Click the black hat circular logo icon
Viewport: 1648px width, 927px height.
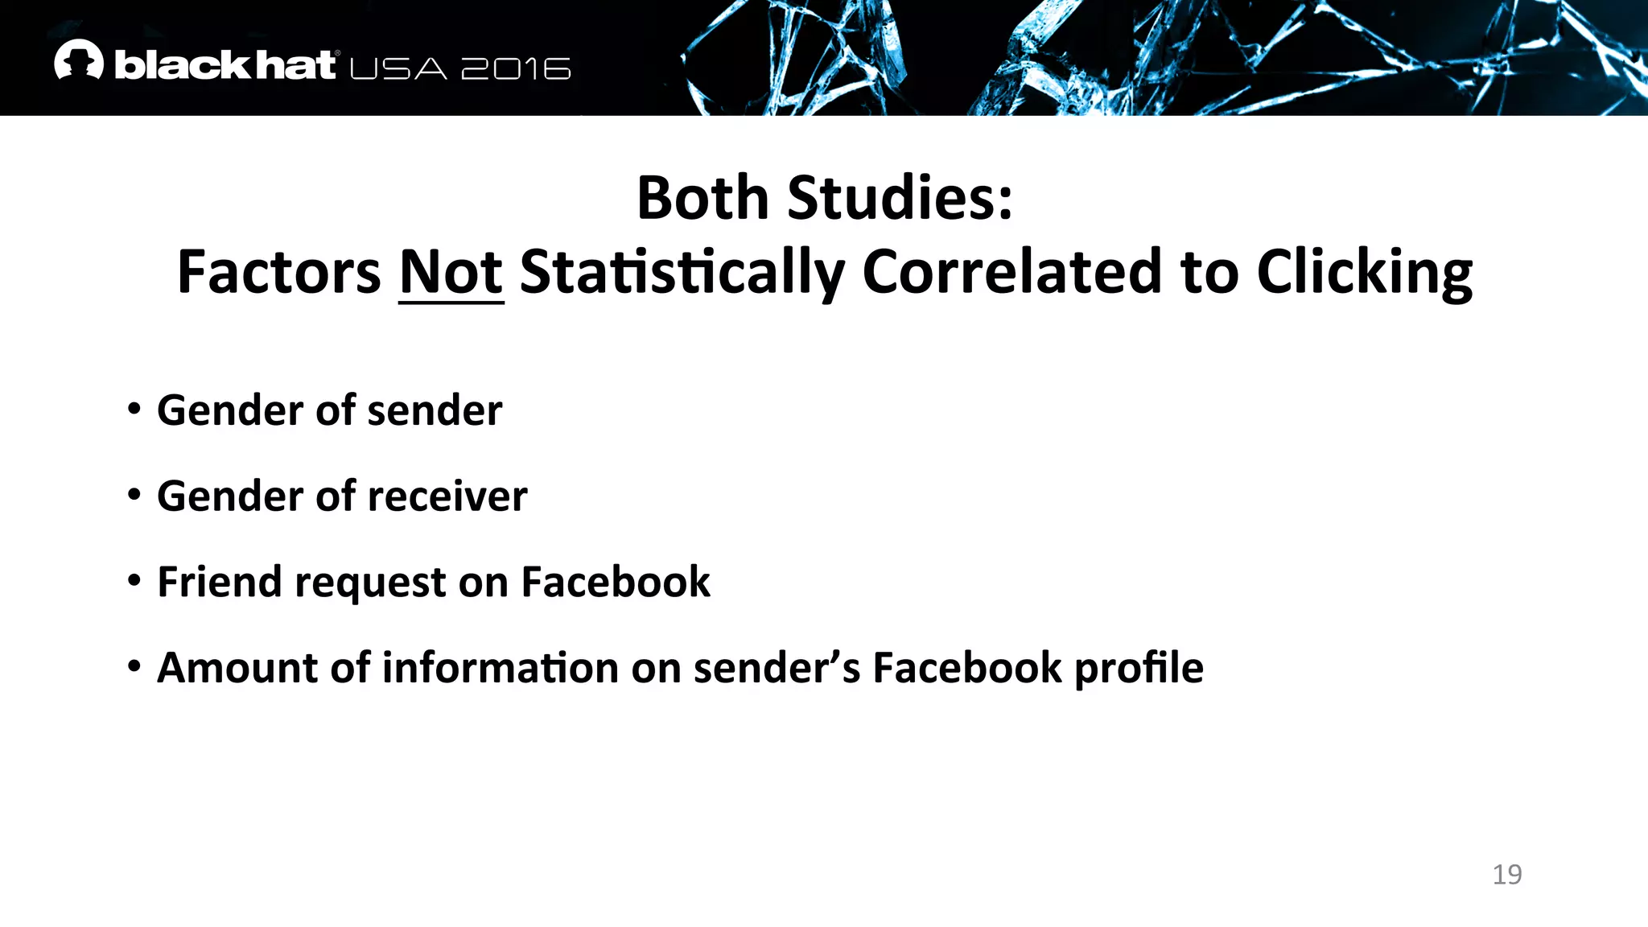[79, 60]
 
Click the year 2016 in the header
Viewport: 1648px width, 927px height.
[516, 69]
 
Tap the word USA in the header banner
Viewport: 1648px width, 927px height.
[398, 69]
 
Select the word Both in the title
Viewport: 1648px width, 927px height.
[702, 198]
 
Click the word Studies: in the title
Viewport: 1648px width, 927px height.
[900, 198]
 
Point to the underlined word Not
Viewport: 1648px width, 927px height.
[451, 272]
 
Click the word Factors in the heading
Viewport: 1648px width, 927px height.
[278, 272]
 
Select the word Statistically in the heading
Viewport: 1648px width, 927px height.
[682, 272]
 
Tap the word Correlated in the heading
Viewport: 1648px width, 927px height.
[1012, 272]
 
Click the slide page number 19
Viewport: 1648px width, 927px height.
[1506, 874]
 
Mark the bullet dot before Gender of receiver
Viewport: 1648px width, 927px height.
[134, 495]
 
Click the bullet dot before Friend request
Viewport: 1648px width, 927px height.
[134, 580]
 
